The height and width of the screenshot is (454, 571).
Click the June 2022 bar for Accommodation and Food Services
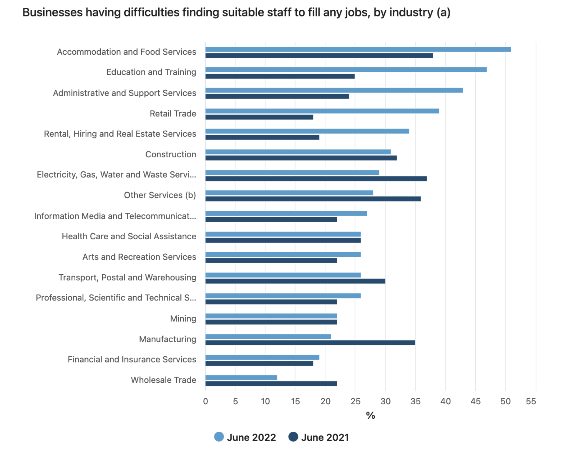pyautogui.click(x=358, y=49)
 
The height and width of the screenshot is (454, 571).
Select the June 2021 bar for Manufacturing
pyautogui.click(x=310, y=343)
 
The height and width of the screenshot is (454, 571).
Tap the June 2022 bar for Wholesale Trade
pyautogui.click(x=241, y=378)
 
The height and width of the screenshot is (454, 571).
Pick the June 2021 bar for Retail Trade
pyautogui.click(x=259, y=117)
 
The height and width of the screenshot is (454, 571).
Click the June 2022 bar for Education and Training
pyautogui.click(x=346, y=70)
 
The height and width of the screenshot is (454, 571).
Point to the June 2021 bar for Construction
pyautogui.click(x=301, y=158)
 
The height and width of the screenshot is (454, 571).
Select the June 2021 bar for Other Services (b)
pyautogui.click(x=313, y=199)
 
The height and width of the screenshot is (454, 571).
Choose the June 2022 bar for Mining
pyautogui.click(x=271, y=316)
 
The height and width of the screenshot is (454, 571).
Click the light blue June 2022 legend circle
pyautogui.click(x=219, y=437)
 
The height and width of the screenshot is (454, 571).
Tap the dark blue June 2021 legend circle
pyautogui.click(x=293, y=437)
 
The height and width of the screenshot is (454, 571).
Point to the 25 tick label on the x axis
pyautogui.click(x=355, y=401)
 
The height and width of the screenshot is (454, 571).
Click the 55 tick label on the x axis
pyautogui.click(x=531, y=401)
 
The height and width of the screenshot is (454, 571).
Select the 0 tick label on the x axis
pyautogui.click(x=205, y=401)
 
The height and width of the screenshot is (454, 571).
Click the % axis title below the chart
pyautogui.click(x=370, y=415)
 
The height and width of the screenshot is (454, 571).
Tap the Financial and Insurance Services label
pyautogui.click(x=132, y=359)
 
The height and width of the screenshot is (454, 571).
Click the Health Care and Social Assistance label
pyautogui.click(x=129, y=236)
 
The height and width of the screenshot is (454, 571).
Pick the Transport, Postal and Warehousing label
pyautogui.click(x=127, y=277)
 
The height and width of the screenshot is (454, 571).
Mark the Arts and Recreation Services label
pyautogui.click(x=139, y=257)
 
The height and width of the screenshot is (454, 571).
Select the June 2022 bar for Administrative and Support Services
pyautogui.click(x=334, y=90)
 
